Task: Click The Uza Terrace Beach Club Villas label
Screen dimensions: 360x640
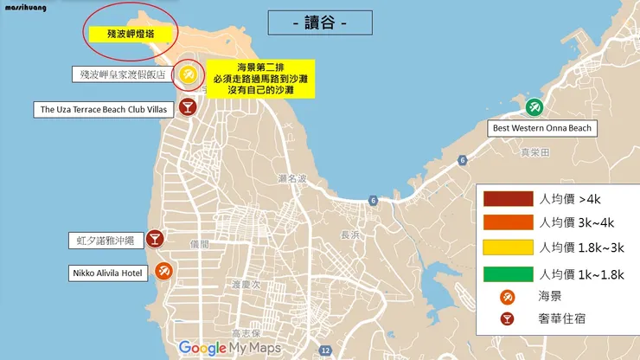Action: [x=104, y=109]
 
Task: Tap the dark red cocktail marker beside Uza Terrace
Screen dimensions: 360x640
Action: [x=187, y=106]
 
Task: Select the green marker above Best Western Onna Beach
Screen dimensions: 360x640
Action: [x=534, y=108]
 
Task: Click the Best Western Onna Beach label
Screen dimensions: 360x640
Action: [x=542, y=128]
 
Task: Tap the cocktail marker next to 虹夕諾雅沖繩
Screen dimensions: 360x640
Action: [x=155, y=238]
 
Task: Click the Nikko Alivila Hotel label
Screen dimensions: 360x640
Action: [x=107, y=273]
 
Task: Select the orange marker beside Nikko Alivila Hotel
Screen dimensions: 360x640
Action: [x=163, y=272]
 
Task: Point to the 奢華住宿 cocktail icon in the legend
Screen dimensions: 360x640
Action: [x=508, y=318]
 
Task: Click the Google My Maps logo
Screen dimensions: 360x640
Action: [x=229, y=348]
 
